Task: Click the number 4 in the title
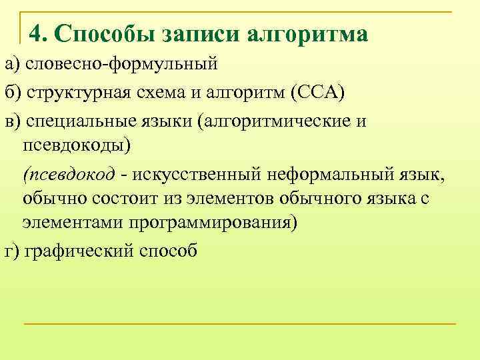click(36, 33)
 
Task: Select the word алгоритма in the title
click(308, 33)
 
